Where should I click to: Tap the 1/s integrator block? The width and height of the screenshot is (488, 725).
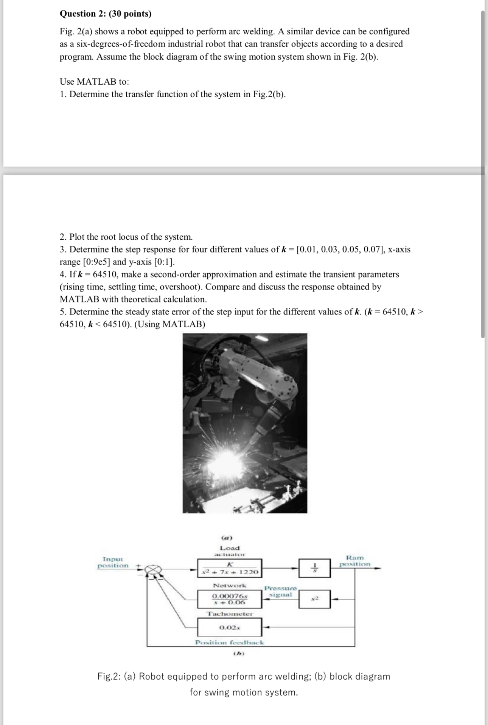pyautogui.click(x=314, y=568)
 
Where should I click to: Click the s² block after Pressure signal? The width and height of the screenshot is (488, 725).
pyautogui.click(x=314, y=599)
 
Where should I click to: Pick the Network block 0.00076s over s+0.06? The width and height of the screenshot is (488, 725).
pyautogui.click(x=229, y=599)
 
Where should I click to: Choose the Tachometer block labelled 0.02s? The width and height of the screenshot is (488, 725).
pyautogui.click(x=229, y=627)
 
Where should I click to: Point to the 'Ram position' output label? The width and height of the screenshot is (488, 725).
pyautogui.click(x=355, y=561)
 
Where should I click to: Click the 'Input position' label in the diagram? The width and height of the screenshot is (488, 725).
pyautogui.click(x=113, y=562)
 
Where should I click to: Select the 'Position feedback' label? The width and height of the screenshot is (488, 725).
pyautogui.click(x=230, y=642)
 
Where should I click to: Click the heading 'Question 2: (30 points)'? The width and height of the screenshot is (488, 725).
pyautogui.click(x=106, y=14)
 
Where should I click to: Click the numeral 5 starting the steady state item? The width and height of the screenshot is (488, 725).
pyautogui.click(x=62, y=312)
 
